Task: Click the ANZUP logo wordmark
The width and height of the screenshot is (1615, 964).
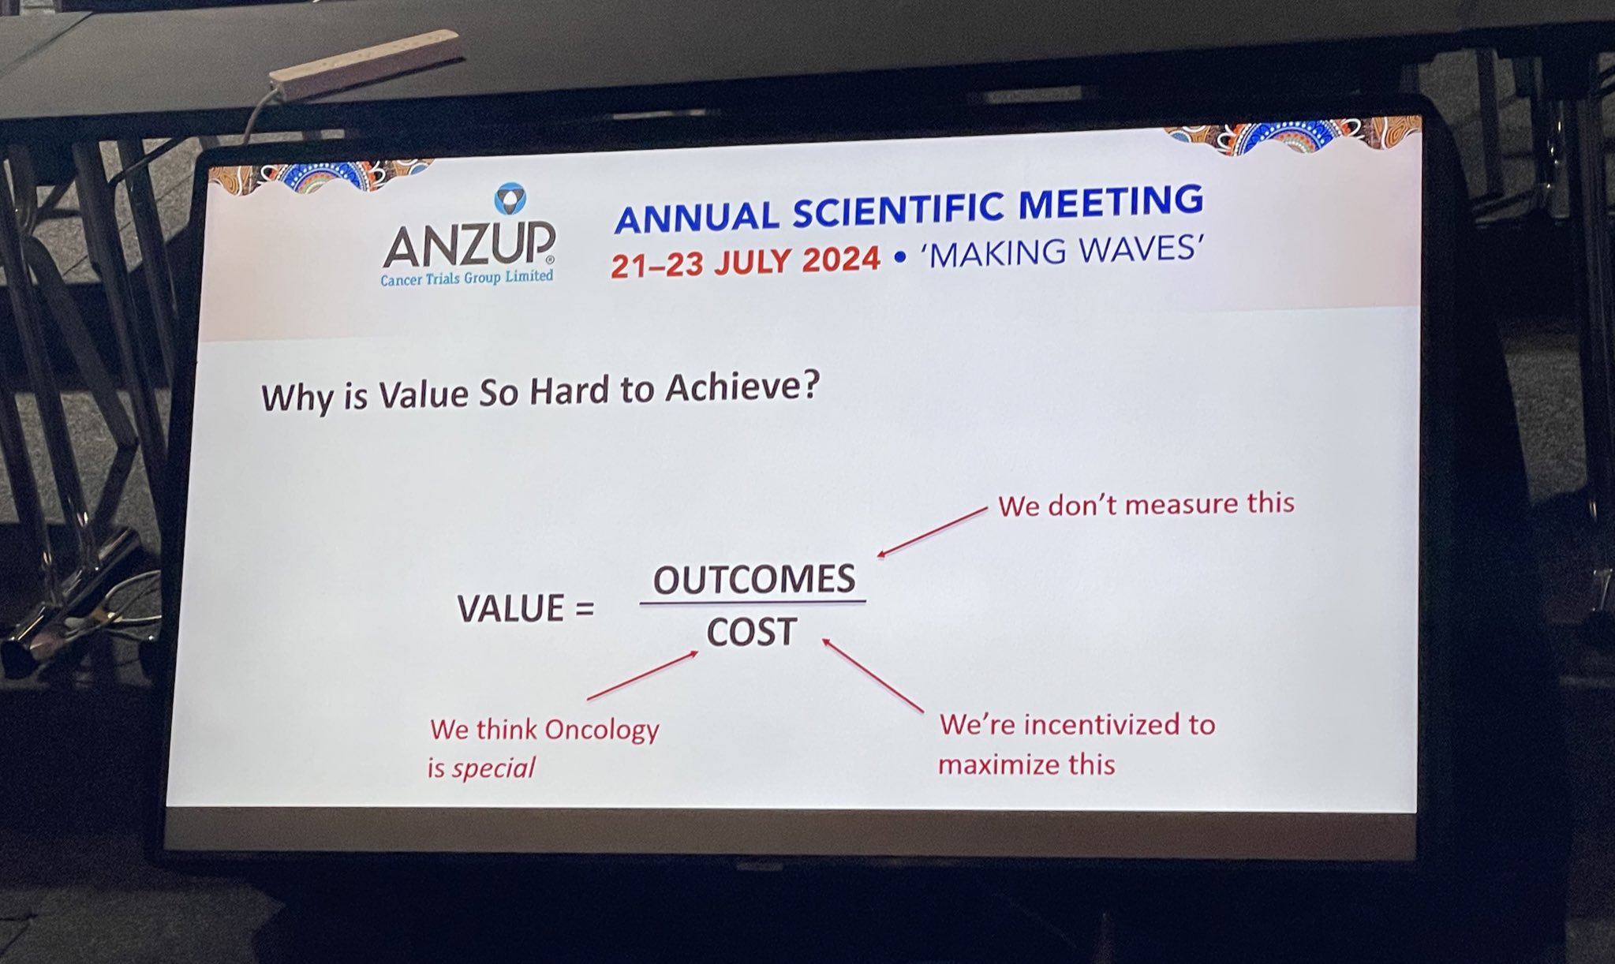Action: [x=469, y=245]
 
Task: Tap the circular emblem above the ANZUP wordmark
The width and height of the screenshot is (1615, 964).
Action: [x=510, y=199]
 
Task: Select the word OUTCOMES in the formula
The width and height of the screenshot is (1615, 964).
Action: [x=754, y=579]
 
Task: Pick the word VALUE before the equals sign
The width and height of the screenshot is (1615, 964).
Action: [x=510, y=608]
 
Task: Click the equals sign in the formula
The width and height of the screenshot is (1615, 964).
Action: [x=584, y=609]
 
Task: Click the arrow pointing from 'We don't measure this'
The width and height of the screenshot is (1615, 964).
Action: [x=932, y=532]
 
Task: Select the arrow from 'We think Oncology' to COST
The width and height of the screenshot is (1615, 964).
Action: [x=643, y=675]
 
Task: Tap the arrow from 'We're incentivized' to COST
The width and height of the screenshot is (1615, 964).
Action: [x=873, y=675]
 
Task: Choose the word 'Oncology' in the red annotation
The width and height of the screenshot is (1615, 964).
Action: [x=602, y=730]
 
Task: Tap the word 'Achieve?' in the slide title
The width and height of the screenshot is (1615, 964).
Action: [x=742, y=387]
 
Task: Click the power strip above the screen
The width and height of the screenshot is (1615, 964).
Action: [x=365, y=63]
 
